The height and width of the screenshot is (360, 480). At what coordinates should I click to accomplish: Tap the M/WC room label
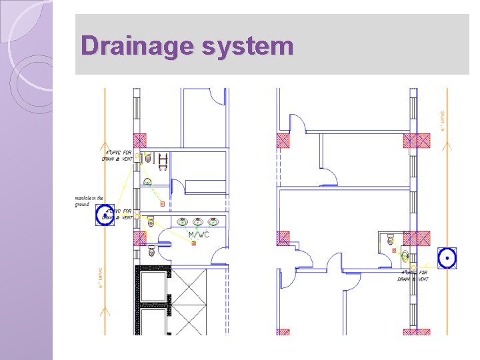coord(199,235)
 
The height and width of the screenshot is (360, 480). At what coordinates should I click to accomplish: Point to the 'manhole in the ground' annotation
coord(89,201)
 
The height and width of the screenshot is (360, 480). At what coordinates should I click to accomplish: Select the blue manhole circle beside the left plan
coord(105,215)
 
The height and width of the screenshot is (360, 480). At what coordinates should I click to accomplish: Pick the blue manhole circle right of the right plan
coord(447,257)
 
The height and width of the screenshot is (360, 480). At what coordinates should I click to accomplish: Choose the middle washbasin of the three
coord(199,223)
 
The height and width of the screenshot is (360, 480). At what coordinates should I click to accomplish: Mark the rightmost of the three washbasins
coord(214,223)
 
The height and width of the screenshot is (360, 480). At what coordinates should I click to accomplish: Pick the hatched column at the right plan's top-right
coord(417,141)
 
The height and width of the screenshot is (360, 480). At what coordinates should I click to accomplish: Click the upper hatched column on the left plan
coord(140,141)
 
